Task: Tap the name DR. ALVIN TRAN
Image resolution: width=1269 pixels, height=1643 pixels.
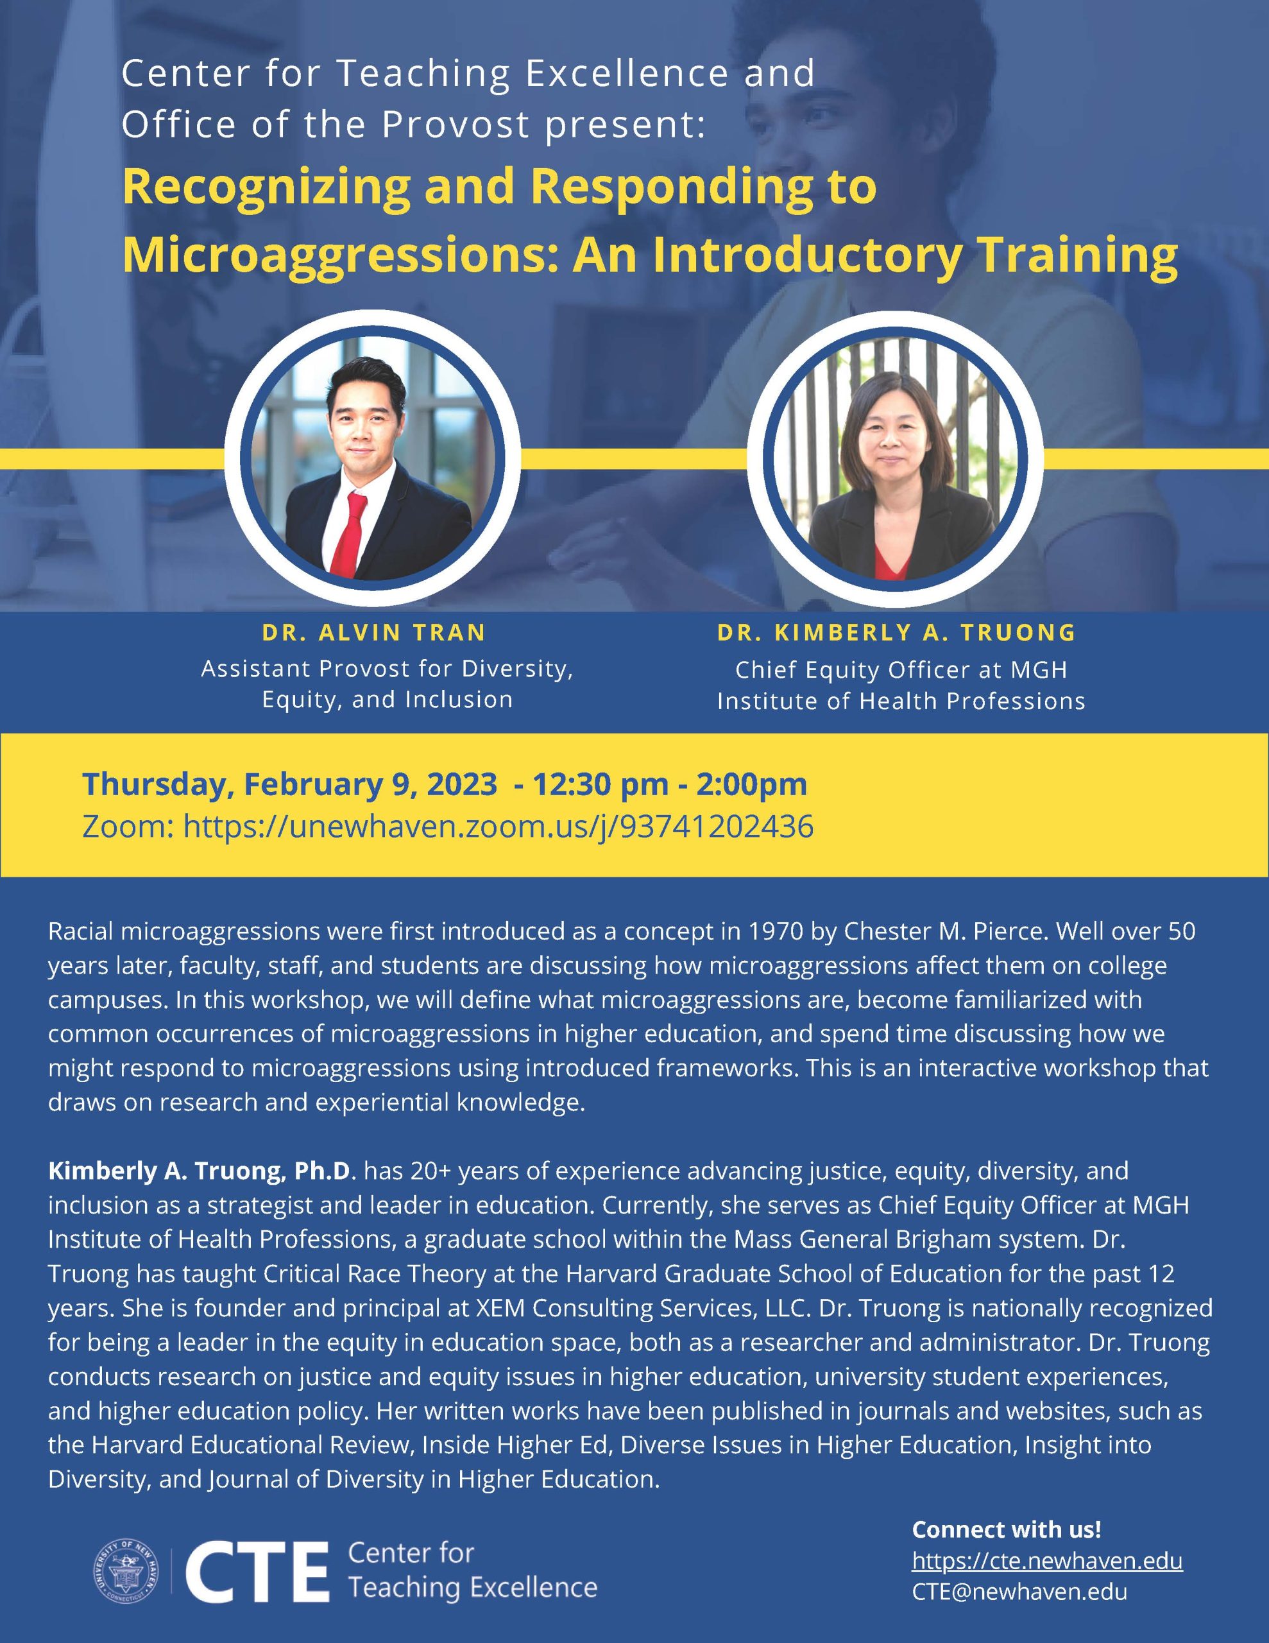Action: [374, 632]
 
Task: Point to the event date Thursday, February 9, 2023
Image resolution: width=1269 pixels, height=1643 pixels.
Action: [289, 784]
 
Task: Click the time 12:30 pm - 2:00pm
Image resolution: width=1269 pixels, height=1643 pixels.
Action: [670, 784]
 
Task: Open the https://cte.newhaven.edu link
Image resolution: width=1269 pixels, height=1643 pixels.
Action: [1047, 1561]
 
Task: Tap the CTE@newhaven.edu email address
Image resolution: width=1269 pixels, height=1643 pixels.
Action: [1019, 1592]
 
